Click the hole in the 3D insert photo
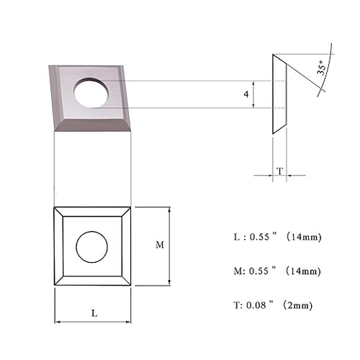(x=91, y=92)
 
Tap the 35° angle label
(x=322, y=68)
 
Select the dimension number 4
(x=246, y=94)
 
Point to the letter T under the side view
(x=280, y=171)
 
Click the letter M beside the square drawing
(x=160, y=245)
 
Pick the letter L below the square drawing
(x=94, y=313)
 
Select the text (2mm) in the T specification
(x=297, y=305)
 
